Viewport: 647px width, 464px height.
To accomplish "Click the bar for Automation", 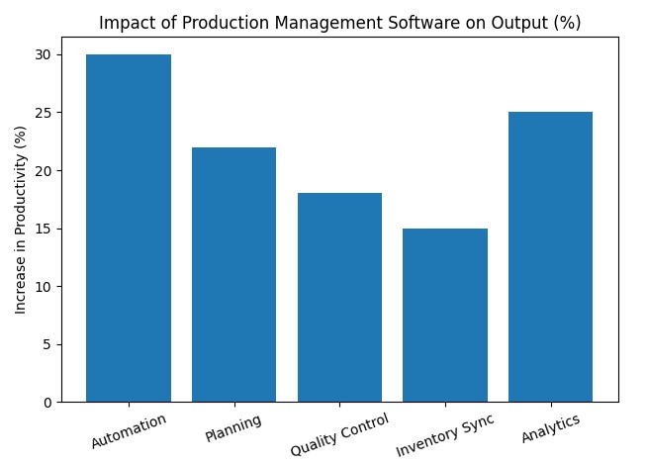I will coord(129,228).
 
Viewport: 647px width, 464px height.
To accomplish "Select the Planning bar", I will coord(233,274).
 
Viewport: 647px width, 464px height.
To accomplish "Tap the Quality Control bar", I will coord(339,297).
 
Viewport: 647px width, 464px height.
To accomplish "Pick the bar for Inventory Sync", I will coord(445,315).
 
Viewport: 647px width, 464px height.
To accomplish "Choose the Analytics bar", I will coord(550,256).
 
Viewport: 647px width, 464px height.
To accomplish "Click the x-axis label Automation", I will coord(129,431).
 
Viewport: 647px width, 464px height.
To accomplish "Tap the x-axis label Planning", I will coord(233,427).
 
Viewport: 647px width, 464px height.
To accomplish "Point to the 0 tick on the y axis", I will coord(46,402).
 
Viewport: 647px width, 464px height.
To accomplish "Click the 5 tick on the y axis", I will coord(46,344).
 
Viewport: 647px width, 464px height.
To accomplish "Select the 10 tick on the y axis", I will coord(44,286).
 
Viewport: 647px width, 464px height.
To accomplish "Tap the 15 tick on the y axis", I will coord(44,229).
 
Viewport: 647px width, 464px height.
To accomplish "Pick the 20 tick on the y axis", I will coord(44,170).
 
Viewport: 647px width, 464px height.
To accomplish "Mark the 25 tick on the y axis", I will coord(44,113).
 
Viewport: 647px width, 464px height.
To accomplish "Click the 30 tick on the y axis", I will coord(44,54).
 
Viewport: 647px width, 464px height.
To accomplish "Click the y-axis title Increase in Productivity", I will coord(21,220).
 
